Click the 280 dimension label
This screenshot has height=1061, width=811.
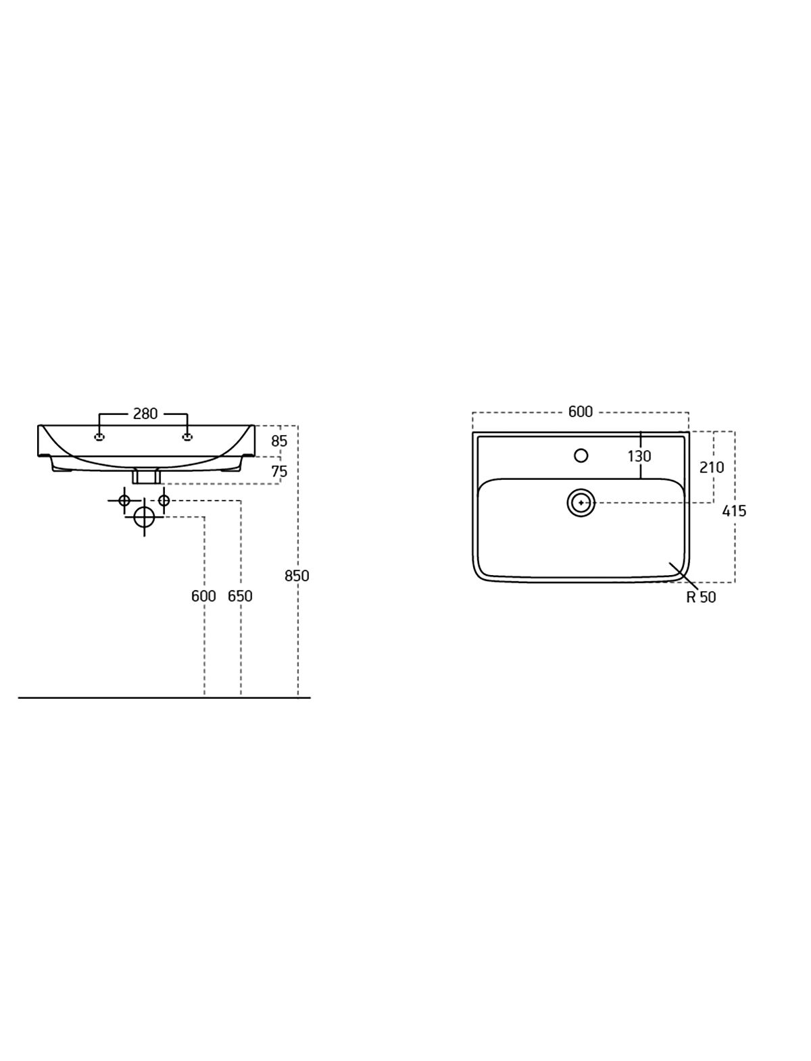click(x=145, y=414)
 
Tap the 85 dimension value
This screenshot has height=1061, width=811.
click(x=279, y=441)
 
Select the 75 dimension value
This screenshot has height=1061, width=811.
click(x=279, y=471)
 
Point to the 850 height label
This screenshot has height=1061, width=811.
click(x=297, y=576)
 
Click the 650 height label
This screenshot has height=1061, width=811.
click(x=240, y=597)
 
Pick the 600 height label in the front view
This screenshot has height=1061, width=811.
click(x=203, y=597)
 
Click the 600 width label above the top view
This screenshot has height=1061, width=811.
click(x=581, y=412)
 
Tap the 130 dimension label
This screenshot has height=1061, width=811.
click(x=639, y=455)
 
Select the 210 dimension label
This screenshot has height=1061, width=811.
click(x=712, y=467)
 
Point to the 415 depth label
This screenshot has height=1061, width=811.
click(x=734, y=510)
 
